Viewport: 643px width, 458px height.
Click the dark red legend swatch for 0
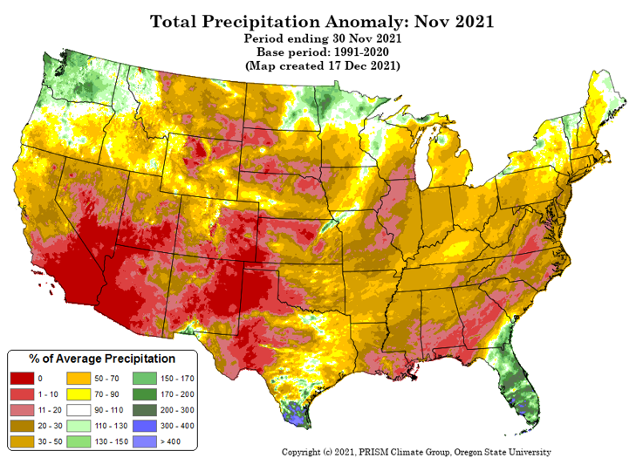(22, 378)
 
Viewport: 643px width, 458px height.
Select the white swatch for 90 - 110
(79, 410)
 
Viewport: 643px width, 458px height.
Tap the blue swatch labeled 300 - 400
(145, 426)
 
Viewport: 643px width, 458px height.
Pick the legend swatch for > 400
(145, 441)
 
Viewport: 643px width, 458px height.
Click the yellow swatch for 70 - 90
(79, 394)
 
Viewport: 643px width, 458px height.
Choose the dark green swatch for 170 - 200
(145, 394)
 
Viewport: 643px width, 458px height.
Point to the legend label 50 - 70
(106, 379)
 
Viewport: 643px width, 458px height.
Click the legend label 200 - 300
(177, 410)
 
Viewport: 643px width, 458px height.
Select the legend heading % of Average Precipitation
(102, 359)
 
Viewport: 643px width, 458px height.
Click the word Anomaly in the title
(366, 22)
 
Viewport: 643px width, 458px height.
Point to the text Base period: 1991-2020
(323, 52)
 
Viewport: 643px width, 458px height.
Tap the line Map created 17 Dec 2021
(322, 65)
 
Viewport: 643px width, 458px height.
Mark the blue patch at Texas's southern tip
(295, 414)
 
